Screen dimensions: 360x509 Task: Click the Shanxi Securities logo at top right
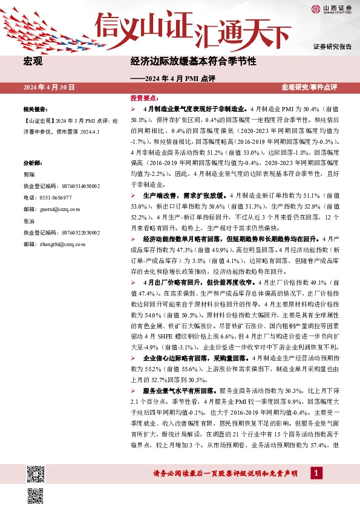click(332, 8)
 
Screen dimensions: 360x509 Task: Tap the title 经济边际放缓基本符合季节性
click(194, 62)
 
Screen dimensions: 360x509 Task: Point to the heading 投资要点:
click(144, 97)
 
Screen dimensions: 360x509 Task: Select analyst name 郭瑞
click(29, 175)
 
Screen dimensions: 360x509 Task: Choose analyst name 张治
click(29, 221)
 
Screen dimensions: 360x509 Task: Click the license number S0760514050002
click(61, 186)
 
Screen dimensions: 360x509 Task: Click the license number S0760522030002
click(61, 232)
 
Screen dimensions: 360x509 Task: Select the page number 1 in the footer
click(314, 473)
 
